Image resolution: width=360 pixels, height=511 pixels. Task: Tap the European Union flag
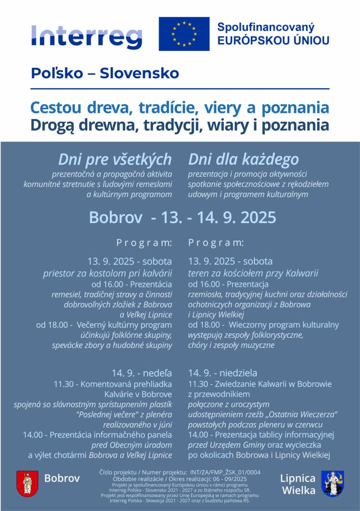(x=184, y=34)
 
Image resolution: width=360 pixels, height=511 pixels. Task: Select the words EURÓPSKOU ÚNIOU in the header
(x=273, y=40)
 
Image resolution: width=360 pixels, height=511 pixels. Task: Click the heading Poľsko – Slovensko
(x=105, y=73)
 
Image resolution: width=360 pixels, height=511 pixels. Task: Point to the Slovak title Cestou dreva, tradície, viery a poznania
(x=180, y=108)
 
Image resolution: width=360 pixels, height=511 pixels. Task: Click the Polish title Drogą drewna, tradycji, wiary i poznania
(x=180, y=125)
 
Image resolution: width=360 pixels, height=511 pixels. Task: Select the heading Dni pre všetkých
(x=115, y=159)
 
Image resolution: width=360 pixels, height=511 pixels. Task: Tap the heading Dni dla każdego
(x=243, y=159)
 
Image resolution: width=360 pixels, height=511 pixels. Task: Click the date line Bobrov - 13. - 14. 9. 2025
(x=182, y=218)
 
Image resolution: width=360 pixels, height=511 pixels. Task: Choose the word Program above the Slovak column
(x=144, y=243)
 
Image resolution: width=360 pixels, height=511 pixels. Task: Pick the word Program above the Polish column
(x=216, y=243)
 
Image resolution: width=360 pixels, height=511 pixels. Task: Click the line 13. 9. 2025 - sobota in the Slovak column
(x=130, y=261)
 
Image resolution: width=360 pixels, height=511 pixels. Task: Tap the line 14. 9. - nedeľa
(x=142, y=373)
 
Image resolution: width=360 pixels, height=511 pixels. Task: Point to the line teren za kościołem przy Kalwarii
(x=253, y=273)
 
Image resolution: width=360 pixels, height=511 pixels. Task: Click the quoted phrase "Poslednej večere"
(x=105, y=414)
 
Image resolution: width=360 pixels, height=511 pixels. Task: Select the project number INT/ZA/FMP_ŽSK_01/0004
(x=222, y=472)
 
